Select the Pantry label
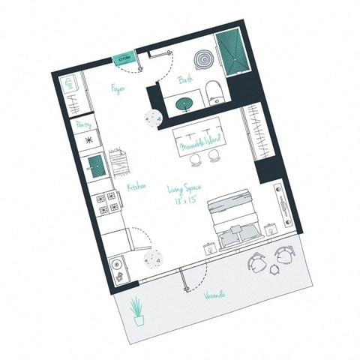(83, 124)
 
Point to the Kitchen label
(136, 187)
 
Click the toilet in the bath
(214, 91)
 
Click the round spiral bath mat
(204, 58)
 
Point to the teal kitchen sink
(96, 163)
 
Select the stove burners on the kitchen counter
(106, 202)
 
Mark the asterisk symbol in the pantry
(89, 140)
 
